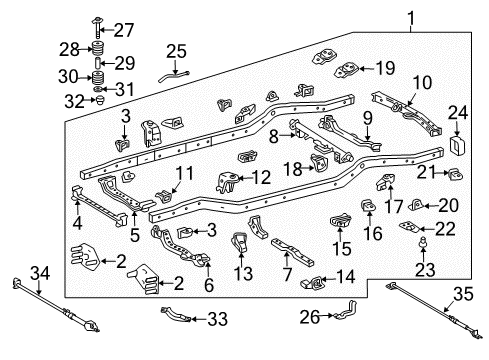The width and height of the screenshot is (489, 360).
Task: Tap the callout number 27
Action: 124,28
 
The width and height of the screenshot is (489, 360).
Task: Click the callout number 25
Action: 176,51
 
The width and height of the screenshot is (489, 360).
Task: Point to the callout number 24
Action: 459,114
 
